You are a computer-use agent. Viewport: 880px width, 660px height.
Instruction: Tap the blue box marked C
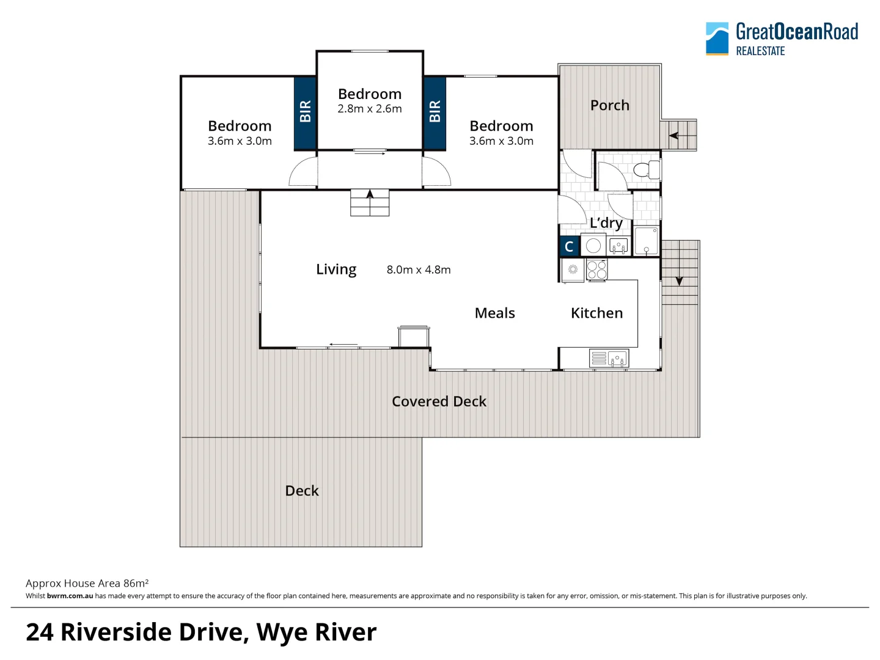tap(569, 246)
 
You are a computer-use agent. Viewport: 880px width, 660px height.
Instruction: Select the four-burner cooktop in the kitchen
tap(597, 269)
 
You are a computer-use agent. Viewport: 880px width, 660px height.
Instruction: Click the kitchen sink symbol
tap(617, 358)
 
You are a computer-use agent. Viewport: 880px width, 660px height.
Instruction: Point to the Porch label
tap(609, 105)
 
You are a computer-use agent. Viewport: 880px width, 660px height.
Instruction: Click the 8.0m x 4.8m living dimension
tap(419, 269)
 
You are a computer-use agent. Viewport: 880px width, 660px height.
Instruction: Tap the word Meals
tap(494, 313)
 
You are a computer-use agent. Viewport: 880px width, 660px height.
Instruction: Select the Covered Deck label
tap(439, 402)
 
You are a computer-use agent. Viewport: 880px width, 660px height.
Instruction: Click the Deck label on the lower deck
tap(302, 491)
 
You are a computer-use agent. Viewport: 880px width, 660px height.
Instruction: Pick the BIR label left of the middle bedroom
tap(306, 111)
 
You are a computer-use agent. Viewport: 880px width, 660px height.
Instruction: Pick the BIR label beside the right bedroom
tap(435, 111)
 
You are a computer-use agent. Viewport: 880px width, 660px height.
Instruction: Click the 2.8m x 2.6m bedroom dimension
tap(370, 109)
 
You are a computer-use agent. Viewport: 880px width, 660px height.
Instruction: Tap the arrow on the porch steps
tap(673, 135)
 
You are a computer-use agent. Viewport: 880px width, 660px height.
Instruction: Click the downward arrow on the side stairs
tap(679, 281)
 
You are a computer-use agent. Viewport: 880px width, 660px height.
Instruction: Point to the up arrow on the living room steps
tap(370, 194)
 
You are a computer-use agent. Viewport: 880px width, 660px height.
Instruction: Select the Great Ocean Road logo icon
tap(717, 38)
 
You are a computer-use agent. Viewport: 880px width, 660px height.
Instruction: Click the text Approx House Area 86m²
tap(87, 583)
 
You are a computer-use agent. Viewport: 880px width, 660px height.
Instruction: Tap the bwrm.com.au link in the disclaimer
tap(70, 596)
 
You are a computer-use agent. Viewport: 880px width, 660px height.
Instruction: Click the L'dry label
tap(606, 223)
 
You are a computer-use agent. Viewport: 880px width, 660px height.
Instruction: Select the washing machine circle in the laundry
tap(593, 246)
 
